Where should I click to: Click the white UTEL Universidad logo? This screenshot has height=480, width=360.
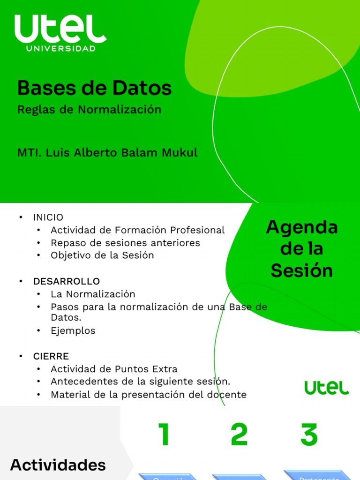pyautogui.click(x=60, y=33)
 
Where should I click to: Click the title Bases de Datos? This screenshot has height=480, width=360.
pyautogui.click(x=94, y=88)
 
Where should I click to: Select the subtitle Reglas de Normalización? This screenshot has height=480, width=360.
pyautogui.click(x=89, y=110)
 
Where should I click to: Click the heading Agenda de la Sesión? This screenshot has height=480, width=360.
pyautogui.click(x=301, y=249)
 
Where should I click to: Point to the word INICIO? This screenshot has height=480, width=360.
pyautogui.click(x=48, y=217)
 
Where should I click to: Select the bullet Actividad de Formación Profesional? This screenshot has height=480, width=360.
pyautogui.click(x=137, y=230)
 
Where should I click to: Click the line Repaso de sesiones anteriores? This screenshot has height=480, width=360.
pyautogui.click(x=125, y=243)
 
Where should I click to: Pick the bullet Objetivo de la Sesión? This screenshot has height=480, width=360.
pyautogui.click(x=102, y=255)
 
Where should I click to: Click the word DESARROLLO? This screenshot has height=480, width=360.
pyautogui.click(x=66, y=281)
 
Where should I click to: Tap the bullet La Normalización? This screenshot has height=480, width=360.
pyautogui.click(x=93, y=294)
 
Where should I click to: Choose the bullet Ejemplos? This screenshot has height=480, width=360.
pyautogui.click(x=73, y=331)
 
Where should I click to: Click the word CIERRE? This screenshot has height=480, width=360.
pyautogui.click(x=51, y=356)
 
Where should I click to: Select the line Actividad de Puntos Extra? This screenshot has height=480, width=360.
pyautogui.click(x=114, y=369)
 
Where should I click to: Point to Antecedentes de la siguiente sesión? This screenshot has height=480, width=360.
pyautogui.click(x=140, y=382)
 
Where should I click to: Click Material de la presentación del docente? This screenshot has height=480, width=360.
pyautogui.click(x=148, y=395)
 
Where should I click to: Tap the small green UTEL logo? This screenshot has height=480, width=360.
pyautogui.click(x=326, y=388)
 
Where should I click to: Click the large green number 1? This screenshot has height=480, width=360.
pyautogui.click(x=164, y=435)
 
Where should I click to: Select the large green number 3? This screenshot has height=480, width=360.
pyautogui.click(x=309, y=435)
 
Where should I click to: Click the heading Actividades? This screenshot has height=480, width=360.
pyautogui.click(x=58, y=465)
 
